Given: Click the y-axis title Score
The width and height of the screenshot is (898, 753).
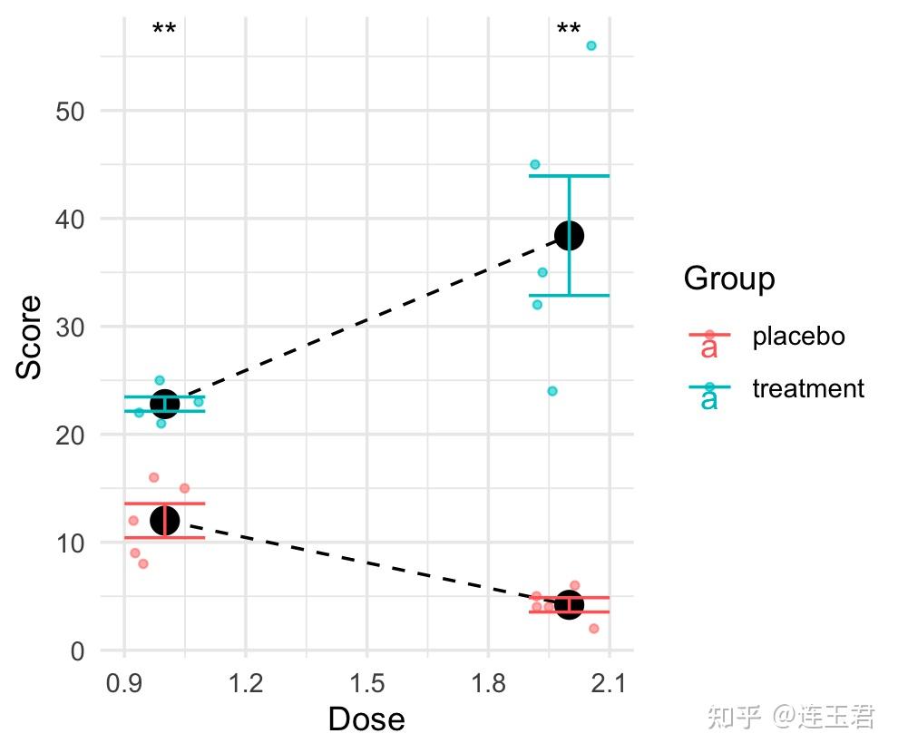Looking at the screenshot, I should pos(30,337).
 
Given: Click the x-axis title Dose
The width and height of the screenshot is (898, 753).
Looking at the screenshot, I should pos(366,719).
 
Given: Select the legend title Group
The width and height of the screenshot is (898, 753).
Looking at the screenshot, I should pos(729,279).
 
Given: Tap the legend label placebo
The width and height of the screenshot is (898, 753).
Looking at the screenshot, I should pos(798,337).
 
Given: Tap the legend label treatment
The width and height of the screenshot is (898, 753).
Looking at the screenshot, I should pos(808,389).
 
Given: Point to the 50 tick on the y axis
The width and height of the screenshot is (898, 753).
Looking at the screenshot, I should pos(71,111).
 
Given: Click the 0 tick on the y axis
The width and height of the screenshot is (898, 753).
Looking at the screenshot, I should pos(78,650).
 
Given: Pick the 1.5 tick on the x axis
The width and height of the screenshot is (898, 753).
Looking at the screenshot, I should pos(366,680).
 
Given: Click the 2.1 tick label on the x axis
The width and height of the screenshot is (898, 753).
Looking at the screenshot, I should pos(609,680).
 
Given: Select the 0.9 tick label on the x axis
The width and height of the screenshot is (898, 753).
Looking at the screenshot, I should pos(124,680).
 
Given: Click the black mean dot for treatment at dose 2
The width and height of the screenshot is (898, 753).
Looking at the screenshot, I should pos(569,236).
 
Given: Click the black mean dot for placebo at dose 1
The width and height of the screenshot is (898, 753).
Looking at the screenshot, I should pos(164,520).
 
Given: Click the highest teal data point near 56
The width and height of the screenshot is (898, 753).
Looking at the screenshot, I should pos(591,45).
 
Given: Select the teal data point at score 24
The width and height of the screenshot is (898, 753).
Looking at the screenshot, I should pos(552,391).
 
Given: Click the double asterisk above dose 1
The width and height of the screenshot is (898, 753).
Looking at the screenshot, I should pos(164,30).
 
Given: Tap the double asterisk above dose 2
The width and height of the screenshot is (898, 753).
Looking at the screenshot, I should pos(569,30).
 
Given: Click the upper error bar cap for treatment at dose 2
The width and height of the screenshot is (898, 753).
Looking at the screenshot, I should pos(569,176).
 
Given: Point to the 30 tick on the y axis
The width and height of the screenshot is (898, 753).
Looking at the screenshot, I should pos(71,327).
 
